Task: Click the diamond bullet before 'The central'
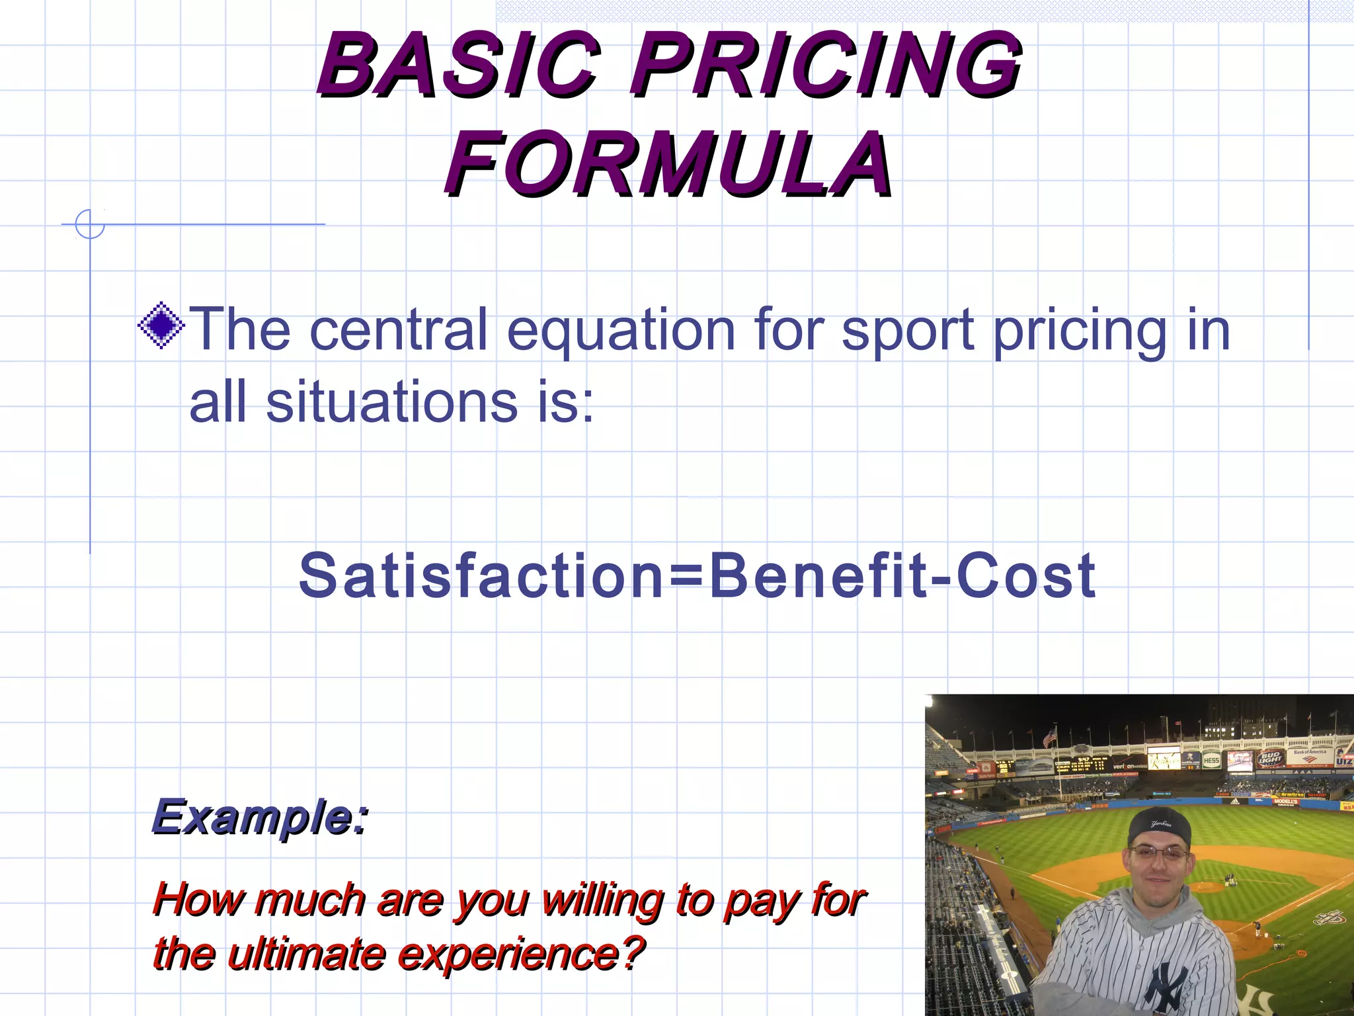(161, 325)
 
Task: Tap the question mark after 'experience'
(633, 952)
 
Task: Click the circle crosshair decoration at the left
(90, 224)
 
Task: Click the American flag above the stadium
(1050, 736)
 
